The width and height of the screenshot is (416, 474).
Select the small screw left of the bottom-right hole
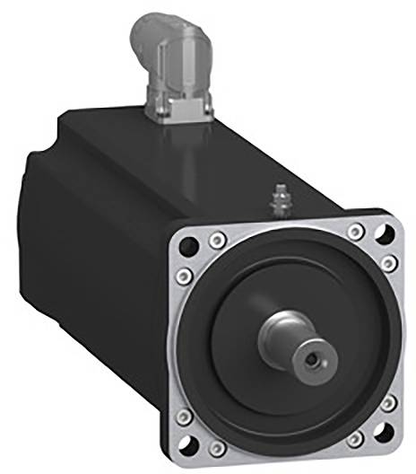[356, 439]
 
